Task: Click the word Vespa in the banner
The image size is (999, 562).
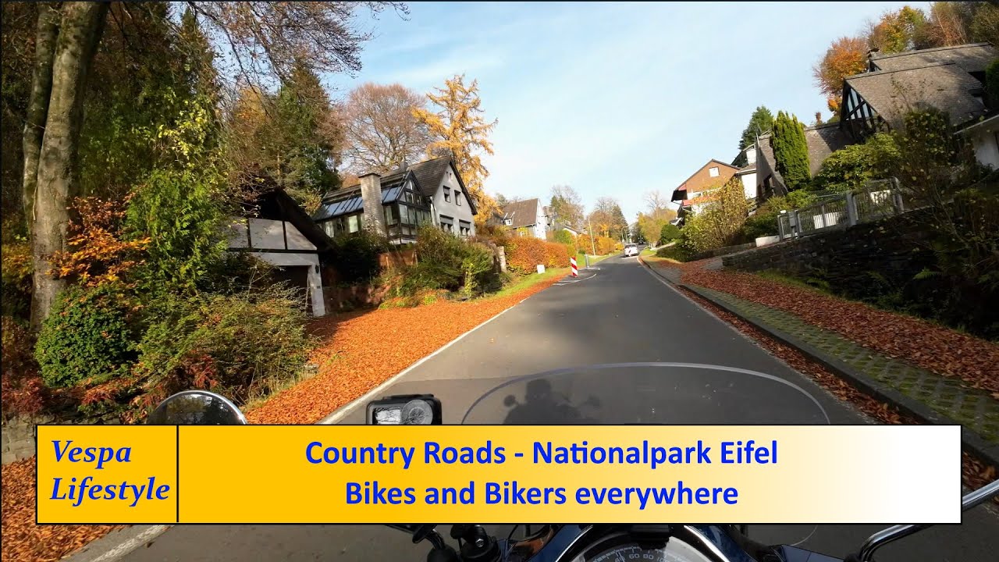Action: click(91, 452)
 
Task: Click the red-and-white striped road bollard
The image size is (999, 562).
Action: click(574, 267)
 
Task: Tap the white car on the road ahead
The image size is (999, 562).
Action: click(631, 250)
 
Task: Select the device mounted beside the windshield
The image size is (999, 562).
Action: click(404, 410)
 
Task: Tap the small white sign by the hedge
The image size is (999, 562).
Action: click(540, 269)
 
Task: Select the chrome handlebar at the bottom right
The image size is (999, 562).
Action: click(921, 527)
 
